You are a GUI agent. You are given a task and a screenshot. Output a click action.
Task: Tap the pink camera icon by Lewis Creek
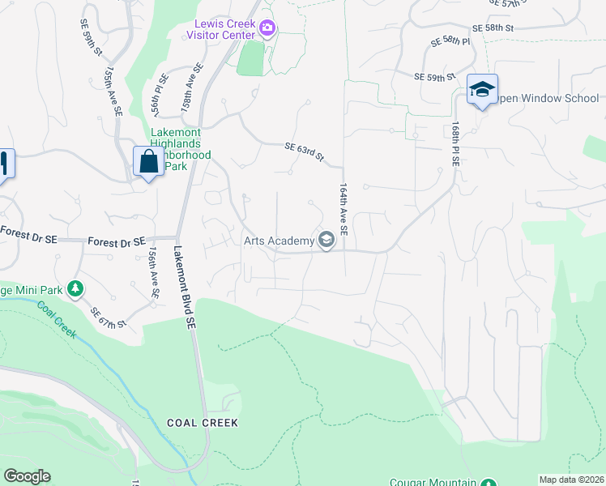267,30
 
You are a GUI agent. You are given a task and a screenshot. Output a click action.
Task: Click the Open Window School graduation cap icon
482,90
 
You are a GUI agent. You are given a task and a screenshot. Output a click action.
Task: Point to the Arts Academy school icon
326,241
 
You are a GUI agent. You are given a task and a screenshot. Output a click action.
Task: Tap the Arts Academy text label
279,241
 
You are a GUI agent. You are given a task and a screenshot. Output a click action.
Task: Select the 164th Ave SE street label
344,209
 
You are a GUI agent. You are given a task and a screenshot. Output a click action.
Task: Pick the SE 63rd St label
305,151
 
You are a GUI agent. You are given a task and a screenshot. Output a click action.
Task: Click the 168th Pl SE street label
456,143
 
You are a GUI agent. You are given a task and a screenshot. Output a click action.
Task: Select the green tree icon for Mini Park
75,288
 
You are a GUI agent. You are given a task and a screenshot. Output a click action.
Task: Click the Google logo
27,476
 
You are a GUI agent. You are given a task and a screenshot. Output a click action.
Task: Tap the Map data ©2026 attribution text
572,480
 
